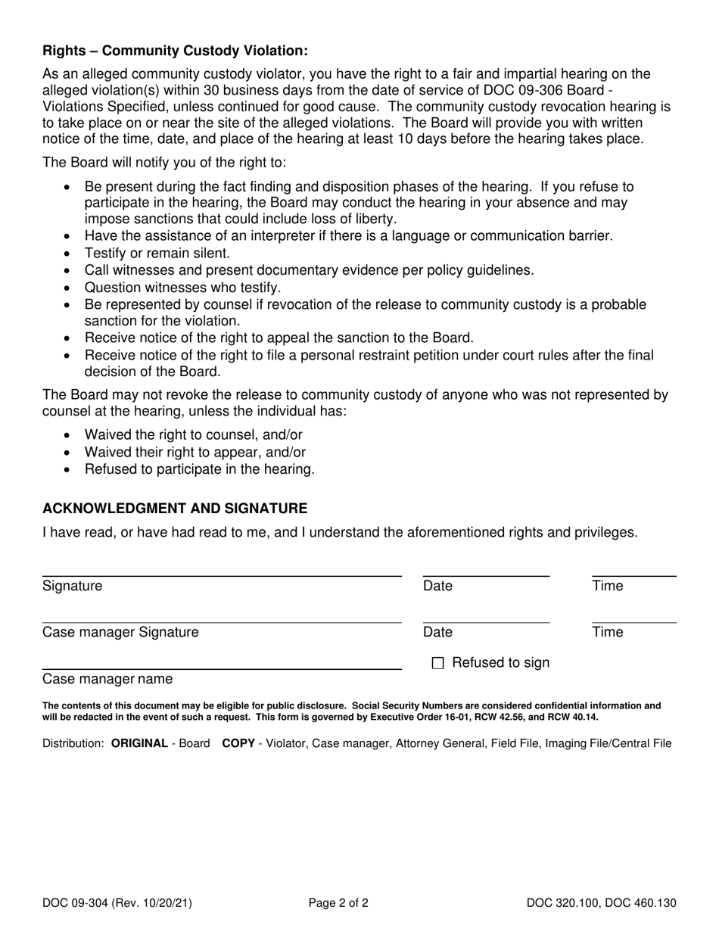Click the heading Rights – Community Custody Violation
175,51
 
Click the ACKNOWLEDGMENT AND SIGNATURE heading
175,508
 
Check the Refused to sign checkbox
437,664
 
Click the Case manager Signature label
120,632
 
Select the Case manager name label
107,679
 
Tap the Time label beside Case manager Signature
607,632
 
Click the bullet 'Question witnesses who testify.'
182,288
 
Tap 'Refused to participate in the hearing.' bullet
200,469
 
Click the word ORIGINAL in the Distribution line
139,743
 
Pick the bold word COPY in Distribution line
238,743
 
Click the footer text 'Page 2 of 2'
338,902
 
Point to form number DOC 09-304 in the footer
74,902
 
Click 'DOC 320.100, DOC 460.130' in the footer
602,902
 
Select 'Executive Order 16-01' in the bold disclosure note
388,717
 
